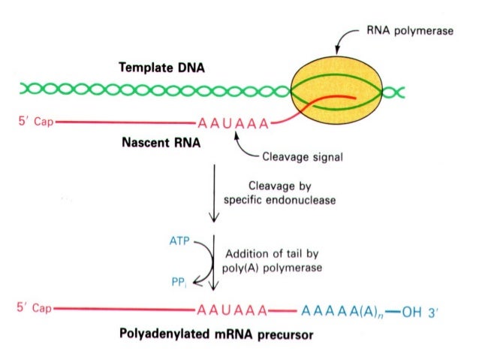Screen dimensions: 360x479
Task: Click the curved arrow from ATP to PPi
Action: click(x=200, y=263)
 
